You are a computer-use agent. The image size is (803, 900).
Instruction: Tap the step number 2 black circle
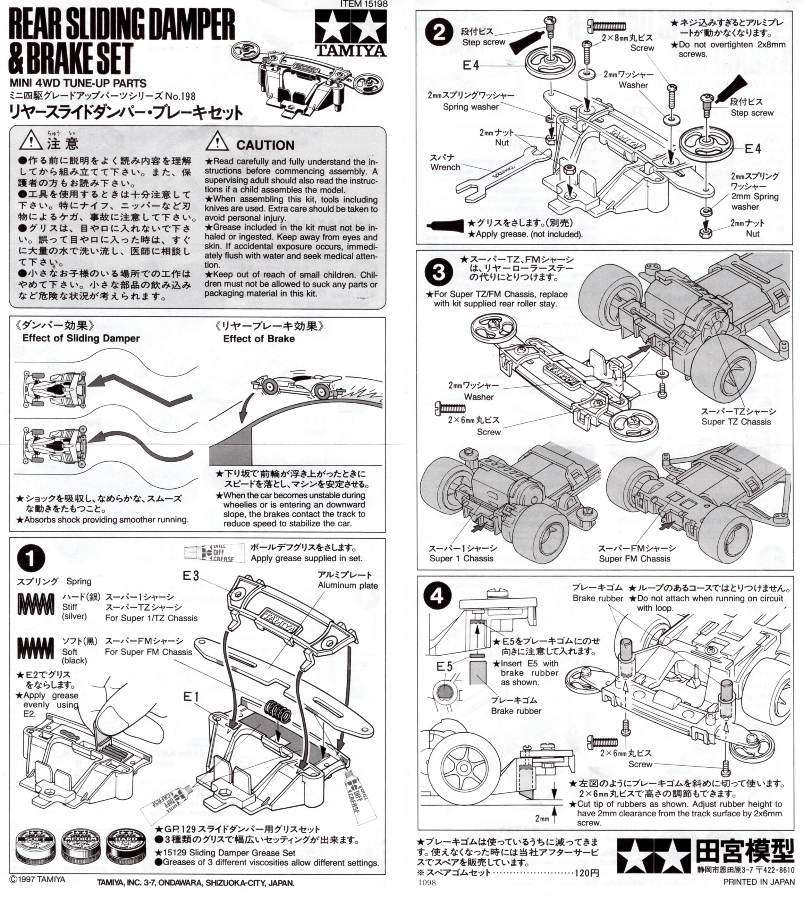[439, 33]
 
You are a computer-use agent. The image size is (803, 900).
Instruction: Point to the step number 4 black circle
[437, 596]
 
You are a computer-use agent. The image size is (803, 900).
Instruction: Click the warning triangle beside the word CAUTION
[217, 142]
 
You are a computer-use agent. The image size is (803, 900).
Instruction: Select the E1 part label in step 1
[191, 697]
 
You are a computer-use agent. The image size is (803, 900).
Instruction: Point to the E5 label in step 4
[444, 666]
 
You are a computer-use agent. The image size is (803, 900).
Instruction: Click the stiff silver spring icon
[36, 604]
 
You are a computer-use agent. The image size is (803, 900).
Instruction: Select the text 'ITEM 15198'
[364, 4]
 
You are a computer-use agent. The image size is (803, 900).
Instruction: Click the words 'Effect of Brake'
[259, 338]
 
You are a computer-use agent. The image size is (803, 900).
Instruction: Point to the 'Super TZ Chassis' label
[736, 421]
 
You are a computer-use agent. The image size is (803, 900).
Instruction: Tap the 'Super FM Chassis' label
[634, 558]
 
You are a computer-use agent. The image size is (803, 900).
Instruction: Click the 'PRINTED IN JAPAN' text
[758, 882]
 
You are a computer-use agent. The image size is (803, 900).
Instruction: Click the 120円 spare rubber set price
[586, 873]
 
